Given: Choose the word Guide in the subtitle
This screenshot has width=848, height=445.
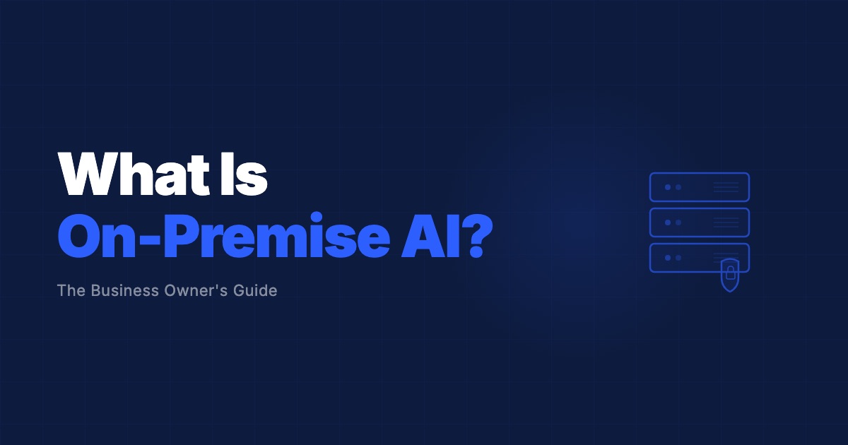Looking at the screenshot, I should (x=257, y=290).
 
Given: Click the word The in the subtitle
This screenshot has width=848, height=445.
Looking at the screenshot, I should (x=71, y=290).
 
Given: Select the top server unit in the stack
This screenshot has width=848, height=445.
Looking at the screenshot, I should (x=699, y=187).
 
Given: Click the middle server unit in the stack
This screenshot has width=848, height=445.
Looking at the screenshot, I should (x=699, y=222).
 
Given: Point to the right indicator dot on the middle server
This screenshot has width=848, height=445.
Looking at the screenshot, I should (x=678, y=222).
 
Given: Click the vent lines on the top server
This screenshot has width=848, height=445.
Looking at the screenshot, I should (x=726, y=187).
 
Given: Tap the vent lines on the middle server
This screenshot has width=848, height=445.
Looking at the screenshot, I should (x=726, y=222).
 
